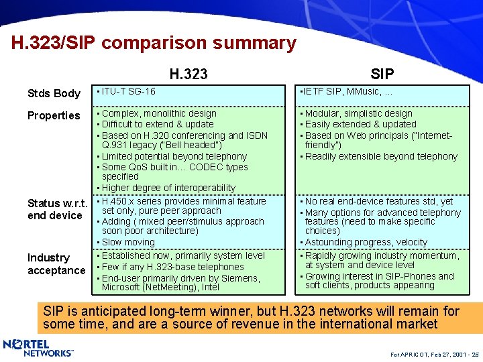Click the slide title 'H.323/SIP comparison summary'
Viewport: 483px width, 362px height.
pyautogui.click(x=154, y=44)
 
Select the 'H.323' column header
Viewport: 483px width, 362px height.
pyautogui.click(x=188, y=74)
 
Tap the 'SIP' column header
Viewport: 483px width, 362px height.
pyautogui.click(x=382, y=74)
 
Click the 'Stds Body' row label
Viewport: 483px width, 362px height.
pyautogui.click(x=54, y=93)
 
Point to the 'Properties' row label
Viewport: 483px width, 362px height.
pyautogui.click(x=54, y=115)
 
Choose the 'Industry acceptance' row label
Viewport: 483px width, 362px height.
pyautogui.click(x=56, y=264)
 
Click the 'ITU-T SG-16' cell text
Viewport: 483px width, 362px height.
pyautogui.click(x=128, y=91)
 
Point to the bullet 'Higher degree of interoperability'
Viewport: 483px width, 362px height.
pyautogui.click(x=168, y=188)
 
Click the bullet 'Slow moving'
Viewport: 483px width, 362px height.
pyautogui.click(x=128, y=242)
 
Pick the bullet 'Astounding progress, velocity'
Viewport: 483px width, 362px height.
pyautogui.click(x=366, y=242)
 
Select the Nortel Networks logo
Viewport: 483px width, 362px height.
pyautogui.click(x=38, y=348)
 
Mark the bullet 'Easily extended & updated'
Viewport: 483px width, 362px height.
pyautogui.click(x=360, y=124)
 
